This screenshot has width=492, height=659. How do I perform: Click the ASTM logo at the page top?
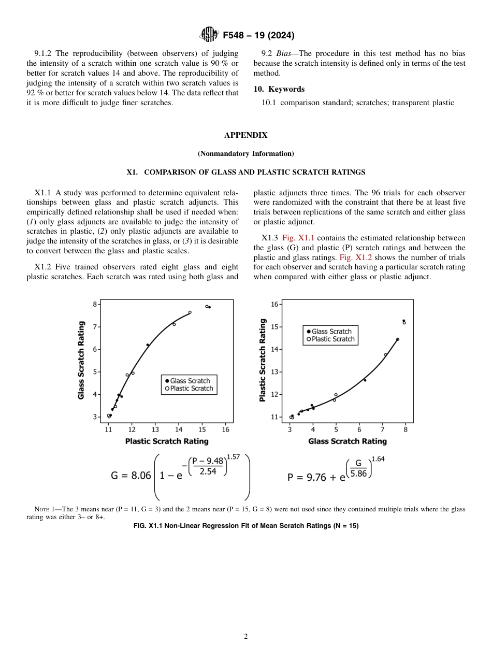[209, 35]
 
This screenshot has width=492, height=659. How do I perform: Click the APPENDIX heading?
[245, 135]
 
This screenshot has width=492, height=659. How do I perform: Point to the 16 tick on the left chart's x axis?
[225, 429]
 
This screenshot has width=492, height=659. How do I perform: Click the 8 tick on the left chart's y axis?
[95, 304]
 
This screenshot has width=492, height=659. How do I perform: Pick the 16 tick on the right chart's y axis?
[274, 304]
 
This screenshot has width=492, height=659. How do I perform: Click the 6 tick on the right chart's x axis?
[359, 429]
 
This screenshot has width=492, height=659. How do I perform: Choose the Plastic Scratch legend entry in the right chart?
[332, 339]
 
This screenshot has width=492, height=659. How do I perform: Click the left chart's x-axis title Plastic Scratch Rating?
[167, 441]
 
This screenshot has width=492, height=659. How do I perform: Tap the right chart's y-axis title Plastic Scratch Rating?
[263, 360]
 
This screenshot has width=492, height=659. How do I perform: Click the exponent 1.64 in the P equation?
[378, 460]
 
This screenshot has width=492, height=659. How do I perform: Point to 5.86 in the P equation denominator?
[358, 474]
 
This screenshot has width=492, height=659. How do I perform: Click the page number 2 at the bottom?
[246, 637]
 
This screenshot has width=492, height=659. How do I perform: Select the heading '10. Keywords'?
[279, 89]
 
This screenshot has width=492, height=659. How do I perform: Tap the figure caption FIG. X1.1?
[245, 526]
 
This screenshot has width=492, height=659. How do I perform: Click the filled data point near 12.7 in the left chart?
[148, 345]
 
